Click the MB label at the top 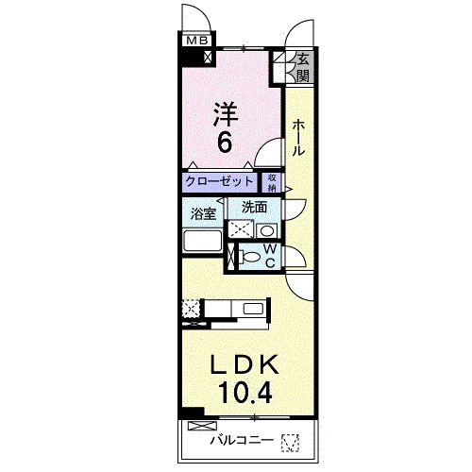pyautogui.click(x=196, y=41)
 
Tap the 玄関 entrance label pyautogui.click(x=303, y=68)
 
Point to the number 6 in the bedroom pyautogui.click(x=226, y=144)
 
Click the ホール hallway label pyautogui.click(x=297, y=137)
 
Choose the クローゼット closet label pyautogui.click(x=220, y=181)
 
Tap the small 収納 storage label pyautogui.click(x=272, y=181)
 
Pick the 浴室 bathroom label pyautogui.click(x=204, y=213)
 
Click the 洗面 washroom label pyautogui.click(x=254, y=207)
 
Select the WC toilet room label pyautogui.click(x=269, y=255)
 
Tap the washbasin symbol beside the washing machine pyautogui.click(x=267, y=229)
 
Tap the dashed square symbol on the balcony pyautogui.click(x=289, y=440)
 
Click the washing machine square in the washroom pyautogui.click(x=241, y=228)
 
